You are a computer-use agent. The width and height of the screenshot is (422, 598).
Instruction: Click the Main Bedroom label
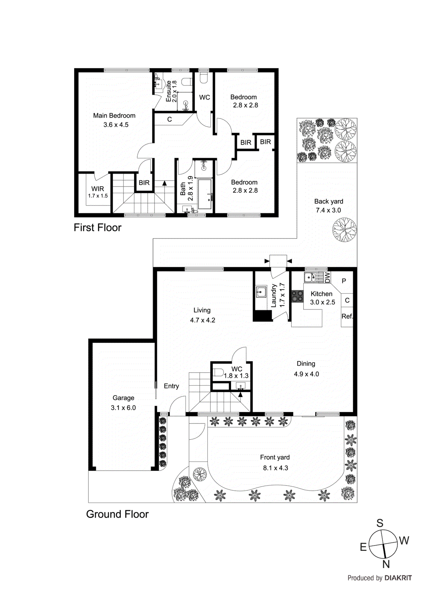point(114,116)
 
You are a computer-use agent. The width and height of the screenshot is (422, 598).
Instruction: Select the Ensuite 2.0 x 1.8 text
point(171,91)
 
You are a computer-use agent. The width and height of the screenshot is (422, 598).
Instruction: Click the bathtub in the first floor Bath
point(205,194)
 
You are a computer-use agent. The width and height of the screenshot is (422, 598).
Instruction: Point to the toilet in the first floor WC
point(204,78)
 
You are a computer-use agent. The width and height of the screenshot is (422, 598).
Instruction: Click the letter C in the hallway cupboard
point(169,120)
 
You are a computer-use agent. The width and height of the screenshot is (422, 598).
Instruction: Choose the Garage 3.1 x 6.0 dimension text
point(123,408)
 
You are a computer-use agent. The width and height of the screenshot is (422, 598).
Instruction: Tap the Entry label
point(171,386)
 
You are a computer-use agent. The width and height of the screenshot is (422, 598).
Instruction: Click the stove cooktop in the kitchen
point(297,296)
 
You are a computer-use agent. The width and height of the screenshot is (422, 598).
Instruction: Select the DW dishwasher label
point(327,277)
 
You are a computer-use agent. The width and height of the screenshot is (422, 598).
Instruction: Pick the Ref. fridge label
point(347,316)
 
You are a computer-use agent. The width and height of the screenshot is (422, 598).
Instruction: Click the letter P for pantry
point(344,281)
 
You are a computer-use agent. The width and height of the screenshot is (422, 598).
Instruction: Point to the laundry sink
point(261,292)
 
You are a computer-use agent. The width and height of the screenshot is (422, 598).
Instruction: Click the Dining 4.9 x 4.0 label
point(306,369)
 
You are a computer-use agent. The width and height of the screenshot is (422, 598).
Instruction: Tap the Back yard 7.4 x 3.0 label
point(328,206)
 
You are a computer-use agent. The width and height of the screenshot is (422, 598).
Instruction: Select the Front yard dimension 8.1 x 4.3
point(275,468)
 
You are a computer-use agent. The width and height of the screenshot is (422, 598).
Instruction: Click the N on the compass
point(386,564)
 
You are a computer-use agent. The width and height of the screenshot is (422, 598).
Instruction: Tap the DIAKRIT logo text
point(398,578)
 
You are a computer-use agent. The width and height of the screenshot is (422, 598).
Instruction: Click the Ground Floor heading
point(117,514)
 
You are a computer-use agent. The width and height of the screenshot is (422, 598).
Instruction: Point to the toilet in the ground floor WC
point(219,372)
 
